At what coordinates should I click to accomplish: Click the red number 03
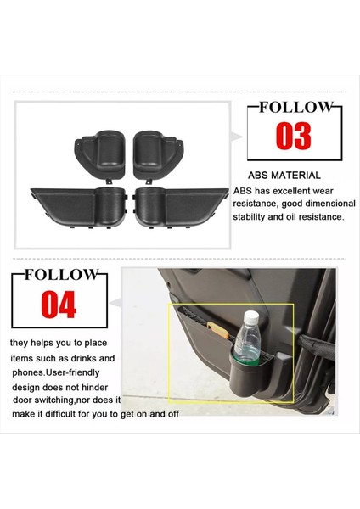(x=291, y=137)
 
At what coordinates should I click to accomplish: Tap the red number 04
(x=59, y=304)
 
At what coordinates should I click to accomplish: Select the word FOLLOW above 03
(x=291, y=107)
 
